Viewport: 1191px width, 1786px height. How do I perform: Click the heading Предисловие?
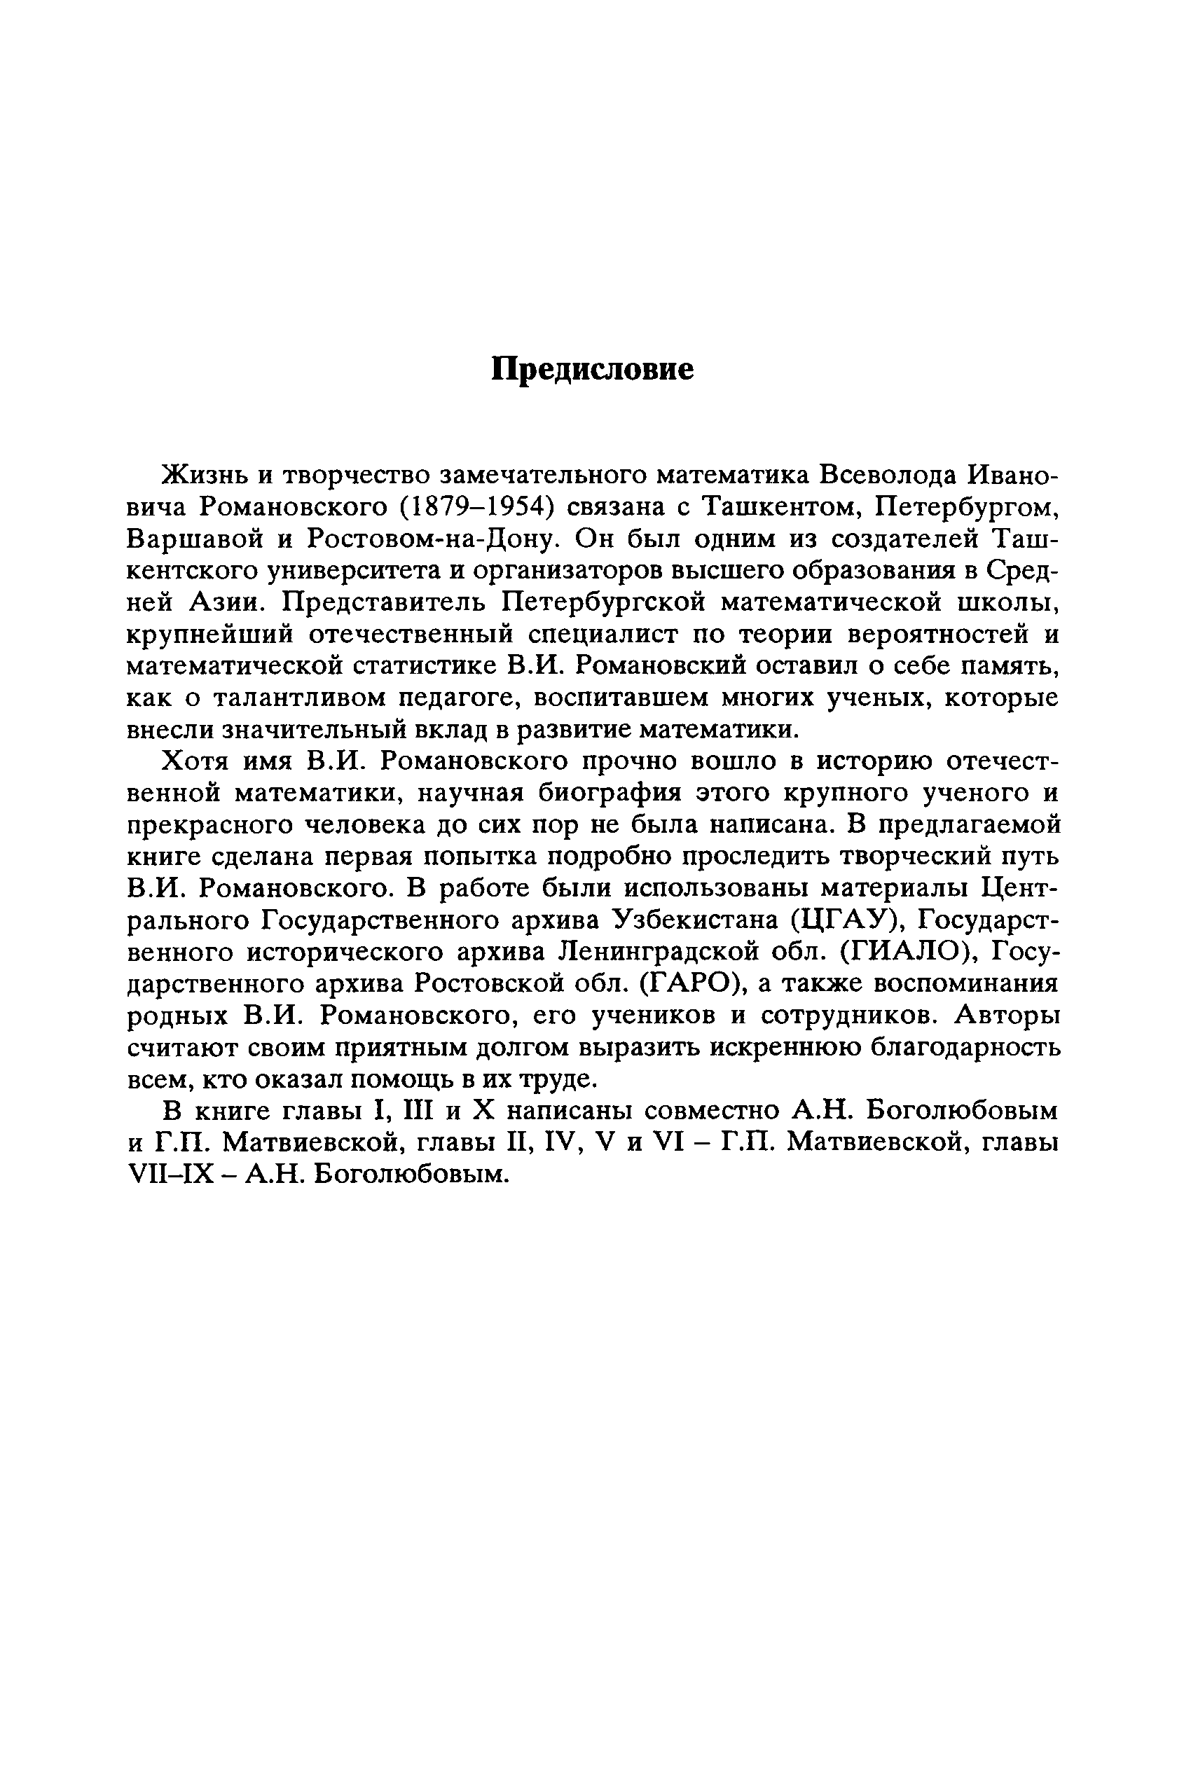(x=593, y=369)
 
